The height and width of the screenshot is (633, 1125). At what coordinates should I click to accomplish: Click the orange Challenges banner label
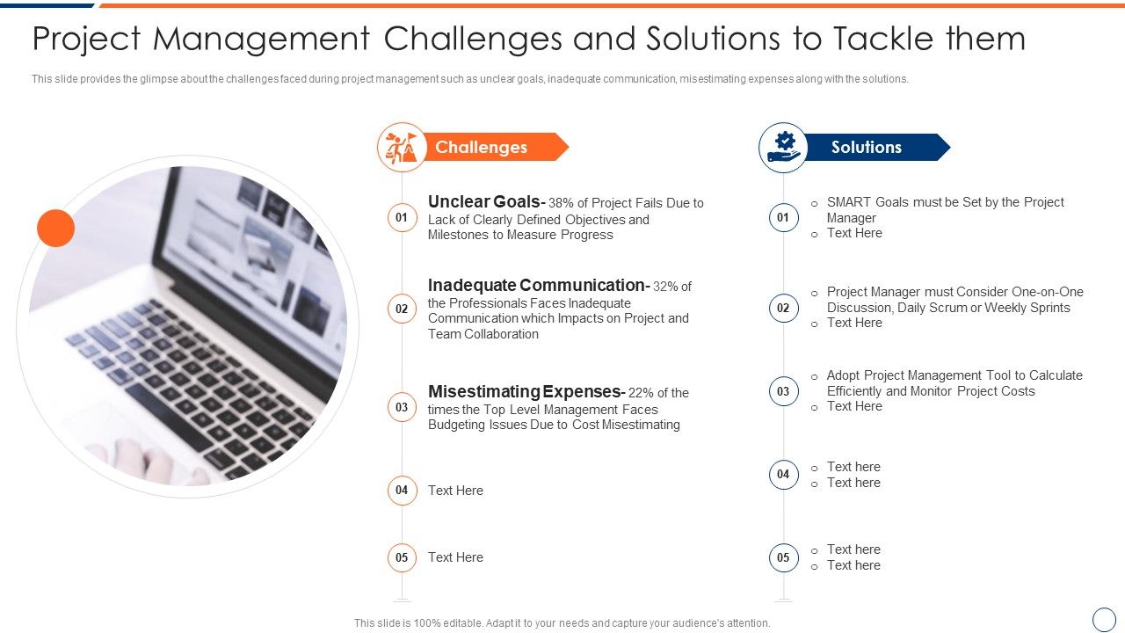coord(481,148)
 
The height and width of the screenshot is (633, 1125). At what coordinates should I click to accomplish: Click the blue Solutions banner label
coord(866,148)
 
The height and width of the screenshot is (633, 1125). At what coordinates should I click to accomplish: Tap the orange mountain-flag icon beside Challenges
coord(402,147)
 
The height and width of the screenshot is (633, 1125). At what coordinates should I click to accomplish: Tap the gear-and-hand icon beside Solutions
coord(783,147)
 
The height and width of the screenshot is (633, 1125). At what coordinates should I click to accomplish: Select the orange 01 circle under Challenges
coord(402,217)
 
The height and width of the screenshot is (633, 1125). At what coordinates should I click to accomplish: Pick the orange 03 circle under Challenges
coord(402,407)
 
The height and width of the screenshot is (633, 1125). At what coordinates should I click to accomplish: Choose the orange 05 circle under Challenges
coord(402,557)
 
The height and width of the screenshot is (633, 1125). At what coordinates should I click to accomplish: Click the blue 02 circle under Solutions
coord(783,308)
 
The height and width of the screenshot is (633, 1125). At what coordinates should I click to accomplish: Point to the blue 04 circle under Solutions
coord(783,475)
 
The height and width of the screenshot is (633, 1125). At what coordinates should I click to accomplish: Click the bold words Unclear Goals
coord(484,202)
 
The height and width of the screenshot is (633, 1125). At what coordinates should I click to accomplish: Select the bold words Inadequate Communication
coord(536,286)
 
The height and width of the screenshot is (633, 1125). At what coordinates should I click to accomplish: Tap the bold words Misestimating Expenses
coord(524,392)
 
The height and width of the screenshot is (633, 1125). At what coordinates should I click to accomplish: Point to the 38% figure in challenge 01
coord(562,203)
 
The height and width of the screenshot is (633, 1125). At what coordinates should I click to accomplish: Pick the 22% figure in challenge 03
coord(642,393)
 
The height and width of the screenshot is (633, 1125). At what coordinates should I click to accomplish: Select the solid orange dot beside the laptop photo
coord(55,229)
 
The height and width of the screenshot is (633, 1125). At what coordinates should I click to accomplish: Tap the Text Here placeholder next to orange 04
coord(455,491)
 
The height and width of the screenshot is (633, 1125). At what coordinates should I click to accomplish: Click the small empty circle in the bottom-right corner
coord(1103,619)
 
